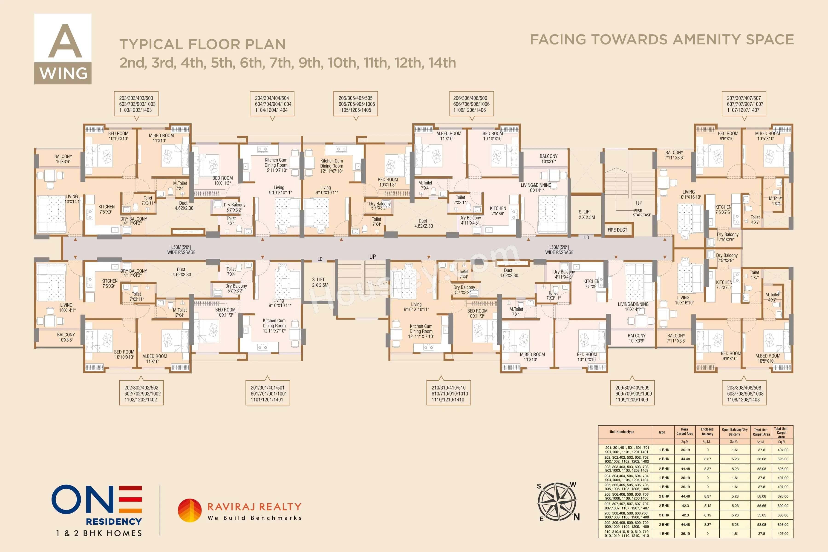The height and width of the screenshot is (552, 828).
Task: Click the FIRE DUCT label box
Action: coord(617,230)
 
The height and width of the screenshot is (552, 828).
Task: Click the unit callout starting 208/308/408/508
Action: coord(744,394)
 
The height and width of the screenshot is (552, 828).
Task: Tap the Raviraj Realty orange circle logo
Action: coord(189,510)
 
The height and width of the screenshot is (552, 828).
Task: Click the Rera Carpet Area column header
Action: coord(684,432)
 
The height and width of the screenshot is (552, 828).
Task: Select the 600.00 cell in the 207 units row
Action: coord(783,506)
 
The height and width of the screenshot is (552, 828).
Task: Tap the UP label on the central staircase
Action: coord(372,257)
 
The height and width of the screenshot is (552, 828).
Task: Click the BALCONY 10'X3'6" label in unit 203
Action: coord(63,159)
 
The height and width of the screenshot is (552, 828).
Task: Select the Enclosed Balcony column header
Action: coord(707,432)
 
